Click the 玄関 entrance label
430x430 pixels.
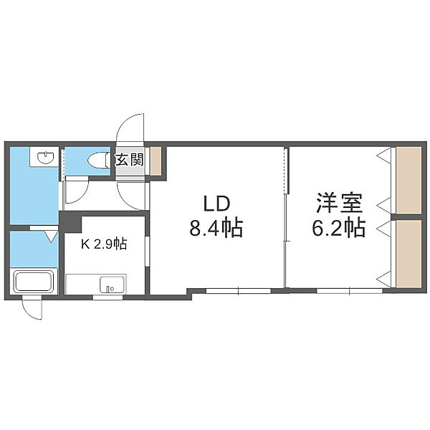[x=129, y=160]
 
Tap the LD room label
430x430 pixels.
[x=216, y=204]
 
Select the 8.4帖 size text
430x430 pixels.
[x=216, y=228]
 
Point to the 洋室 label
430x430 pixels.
[x=339, y=204]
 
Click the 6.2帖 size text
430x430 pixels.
[x=339, y=228]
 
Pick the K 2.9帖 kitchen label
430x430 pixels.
[x=104, y=244]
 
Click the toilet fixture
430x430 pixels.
[x=98, y=160]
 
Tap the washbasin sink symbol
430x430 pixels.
[x=46, y=157]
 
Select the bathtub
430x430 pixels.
[x=34, y=282]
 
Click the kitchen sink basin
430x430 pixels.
[x=112, y=285]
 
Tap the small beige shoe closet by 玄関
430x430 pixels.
[x=156, y=161]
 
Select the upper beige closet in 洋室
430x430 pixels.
[x=409, y=181]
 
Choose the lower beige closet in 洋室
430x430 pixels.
[x=409, y=254]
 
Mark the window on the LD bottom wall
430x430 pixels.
[x=239, y=291]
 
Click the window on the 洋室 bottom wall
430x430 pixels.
[x=350, y=291]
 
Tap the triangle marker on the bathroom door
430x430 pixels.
[x=52, y=236]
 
